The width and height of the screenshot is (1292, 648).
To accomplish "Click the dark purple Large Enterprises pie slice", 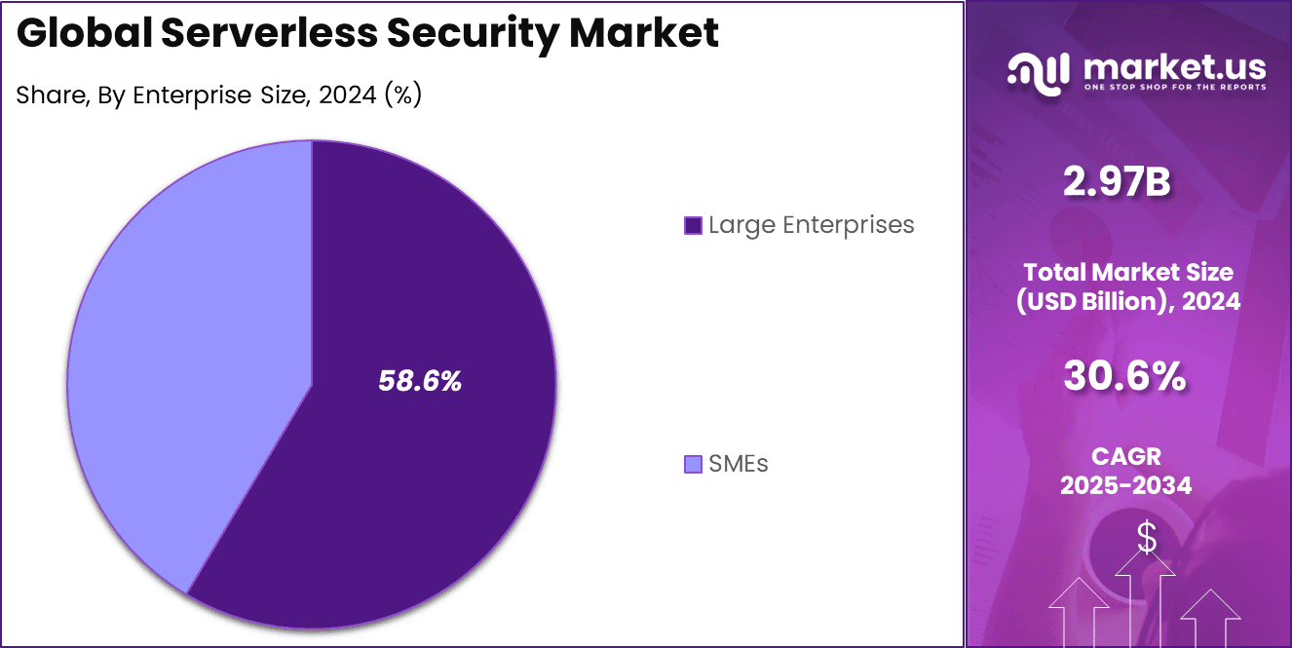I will point(419,468).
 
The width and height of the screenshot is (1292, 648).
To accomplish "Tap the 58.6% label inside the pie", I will point(420,382).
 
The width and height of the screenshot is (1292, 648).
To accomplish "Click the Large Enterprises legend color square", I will point(693,226).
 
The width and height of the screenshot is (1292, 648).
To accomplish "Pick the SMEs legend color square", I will point(693,465).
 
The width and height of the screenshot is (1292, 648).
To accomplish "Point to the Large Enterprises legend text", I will point(811,225).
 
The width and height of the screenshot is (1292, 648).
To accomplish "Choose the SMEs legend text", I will point(738,464).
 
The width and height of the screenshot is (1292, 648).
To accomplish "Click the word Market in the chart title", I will point(644,33).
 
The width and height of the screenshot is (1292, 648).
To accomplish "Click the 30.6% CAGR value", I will point(1125,376).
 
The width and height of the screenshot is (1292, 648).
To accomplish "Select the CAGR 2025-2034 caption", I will point(1126,471).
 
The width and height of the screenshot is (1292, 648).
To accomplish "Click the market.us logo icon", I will point(1038,74).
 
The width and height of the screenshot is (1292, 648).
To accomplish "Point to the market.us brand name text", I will point(1174,67).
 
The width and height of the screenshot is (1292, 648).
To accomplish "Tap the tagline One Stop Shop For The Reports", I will point(1175,88).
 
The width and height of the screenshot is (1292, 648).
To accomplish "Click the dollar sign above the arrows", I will point(1148,537).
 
